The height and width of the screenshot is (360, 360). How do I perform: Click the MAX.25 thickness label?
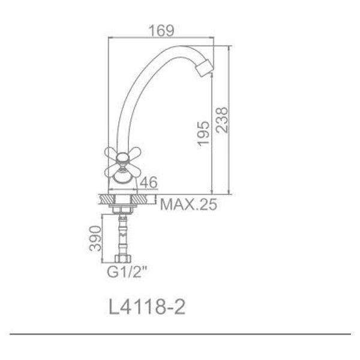tap(188, 205)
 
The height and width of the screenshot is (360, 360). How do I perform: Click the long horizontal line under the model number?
tap(180, 333)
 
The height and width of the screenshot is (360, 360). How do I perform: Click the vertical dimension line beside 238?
tap(230, 120)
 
